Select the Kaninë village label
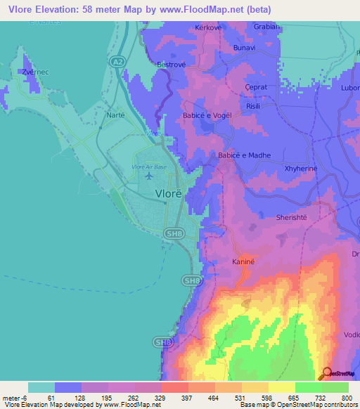coord(241,261)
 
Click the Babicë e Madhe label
coord(244,155)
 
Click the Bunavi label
coord(244,49)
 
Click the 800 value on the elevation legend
coord(345,397)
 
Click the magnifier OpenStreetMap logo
coord(326,373)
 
